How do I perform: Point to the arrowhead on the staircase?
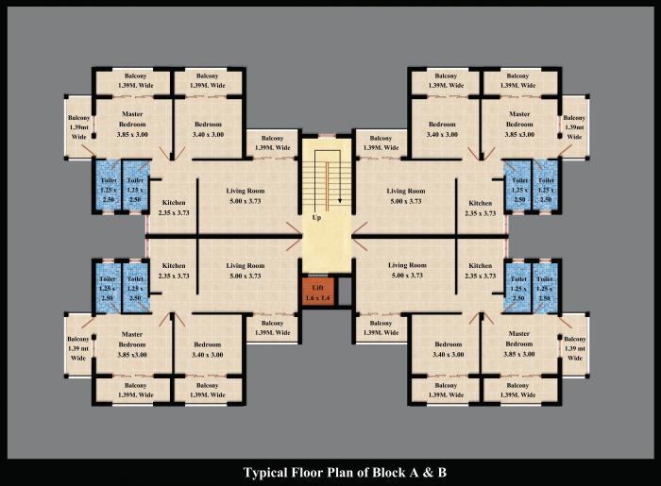click(333, 202)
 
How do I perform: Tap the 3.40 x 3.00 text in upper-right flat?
click(442, 135)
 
